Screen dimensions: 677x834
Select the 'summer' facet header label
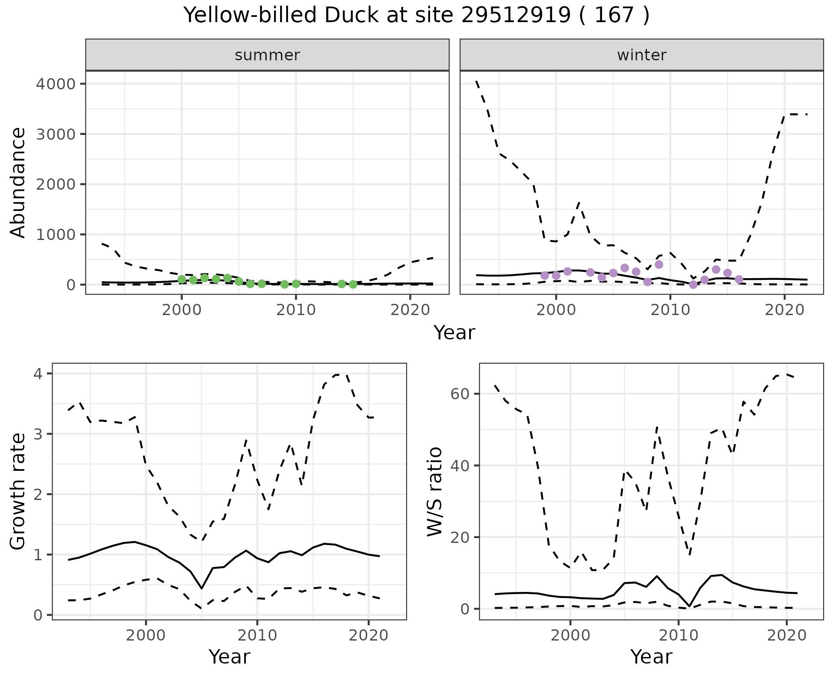(267, 55)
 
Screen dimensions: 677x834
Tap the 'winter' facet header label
(642, 55)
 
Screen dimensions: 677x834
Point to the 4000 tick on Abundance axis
(55, 84)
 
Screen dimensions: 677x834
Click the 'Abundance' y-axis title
(18, 182)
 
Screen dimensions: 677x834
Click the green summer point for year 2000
(182, 279)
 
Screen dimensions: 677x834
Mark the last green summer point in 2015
(353, 284)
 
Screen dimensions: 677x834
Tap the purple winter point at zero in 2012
(693, 285)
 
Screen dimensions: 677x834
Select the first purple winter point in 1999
(545, 276)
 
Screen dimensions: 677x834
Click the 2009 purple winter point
(659, 265)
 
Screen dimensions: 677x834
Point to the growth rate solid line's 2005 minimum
(202, 588)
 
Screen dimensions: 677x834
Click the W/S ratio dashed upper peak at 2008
(657, 427)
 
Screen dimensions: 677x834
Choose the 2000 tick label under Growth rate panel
(146, 636)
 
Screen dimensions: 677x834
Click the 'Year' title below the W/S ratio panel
(651, 657)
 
